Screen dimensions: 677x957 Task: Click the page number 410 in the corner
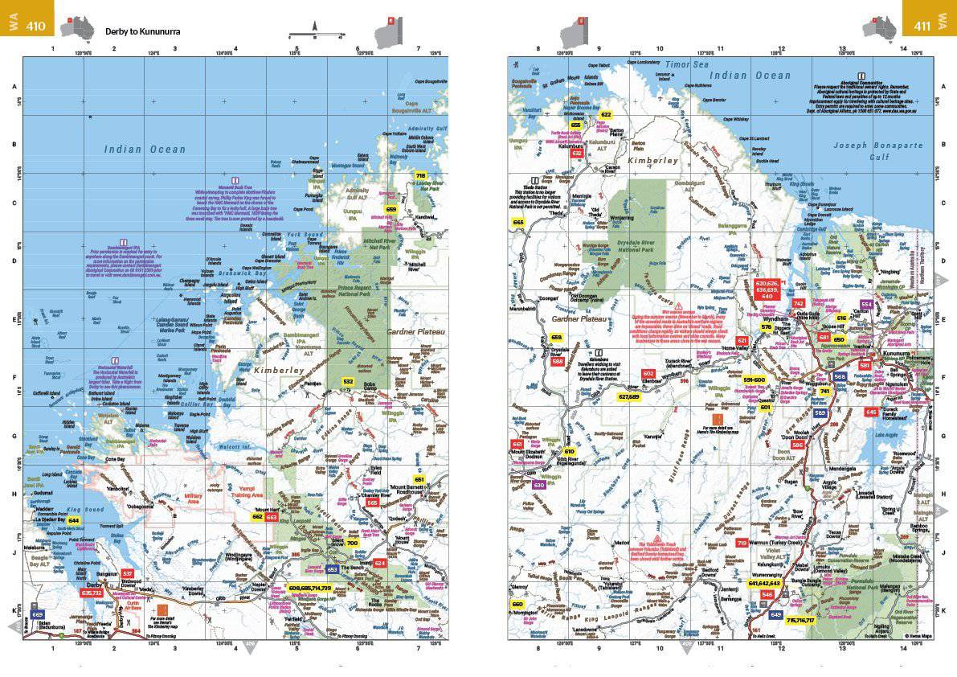[36, 26]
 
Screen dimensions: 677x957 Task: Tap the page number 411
[922, 26]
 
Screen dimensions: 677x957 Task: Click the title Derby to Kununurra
[142, 32]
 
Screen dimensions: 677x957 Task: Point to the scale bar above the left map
[315, 36]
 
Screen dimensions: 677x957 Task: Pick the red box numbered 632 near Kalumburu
[576, 153]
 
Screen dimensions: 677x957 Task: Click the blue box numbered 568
[840, 376]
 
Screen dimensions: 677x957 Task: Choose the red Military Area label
[193, 498]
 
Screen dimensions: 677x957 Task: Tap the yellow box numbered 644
[73, 520]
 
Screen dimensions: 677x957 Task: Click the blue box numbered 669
[37, 613]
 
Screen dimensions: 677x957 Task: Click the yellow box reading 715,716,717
[800, 620]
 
